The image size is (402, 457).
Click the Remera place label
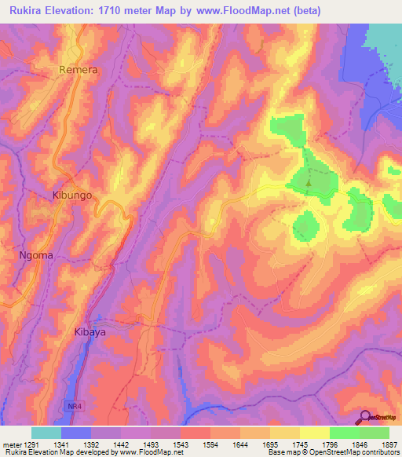pos(79,70)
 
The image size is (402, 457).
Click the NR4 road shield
pos(73,403)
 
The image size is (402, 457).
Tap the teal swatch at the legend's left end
pos(46,433)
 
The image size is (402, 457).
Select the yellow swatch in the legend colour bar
pos(315,433)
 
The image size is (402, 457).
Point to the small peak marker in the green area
pos(309,185)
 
